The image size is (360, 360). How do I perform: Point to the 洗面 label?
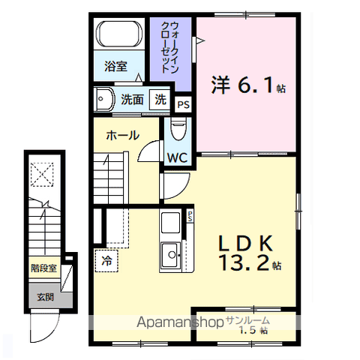coord(133,99)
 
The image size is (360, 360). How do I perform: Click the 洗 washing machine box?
coord(160,99)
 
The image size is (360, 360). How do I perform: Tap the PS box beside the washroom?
coord(184,103)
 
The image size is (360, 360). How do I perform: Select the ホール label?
coord(122,136)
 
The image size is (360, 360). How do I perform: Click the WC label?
coord(177,157)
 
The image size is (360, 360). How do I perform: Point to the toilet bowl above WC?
coord(178,130)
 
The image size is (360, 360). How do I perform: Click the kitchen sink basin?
coord(169,255)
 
